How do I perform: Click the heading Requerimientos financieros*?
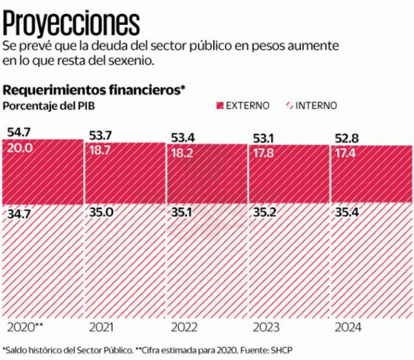94,90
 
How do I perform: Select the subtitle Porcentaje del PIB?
49,105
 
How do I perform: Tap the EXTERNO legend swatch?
219,106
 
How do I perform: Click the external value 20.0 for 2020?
20,148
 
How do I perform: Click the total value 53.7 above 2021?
100,135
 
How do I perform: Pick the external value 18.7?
101,150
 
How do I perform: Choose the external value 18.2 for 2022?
182,153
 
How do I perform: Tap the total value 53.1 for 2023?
264,139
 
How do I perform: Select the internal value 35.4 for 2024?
346,213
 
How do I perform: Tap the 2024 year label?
348,327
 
